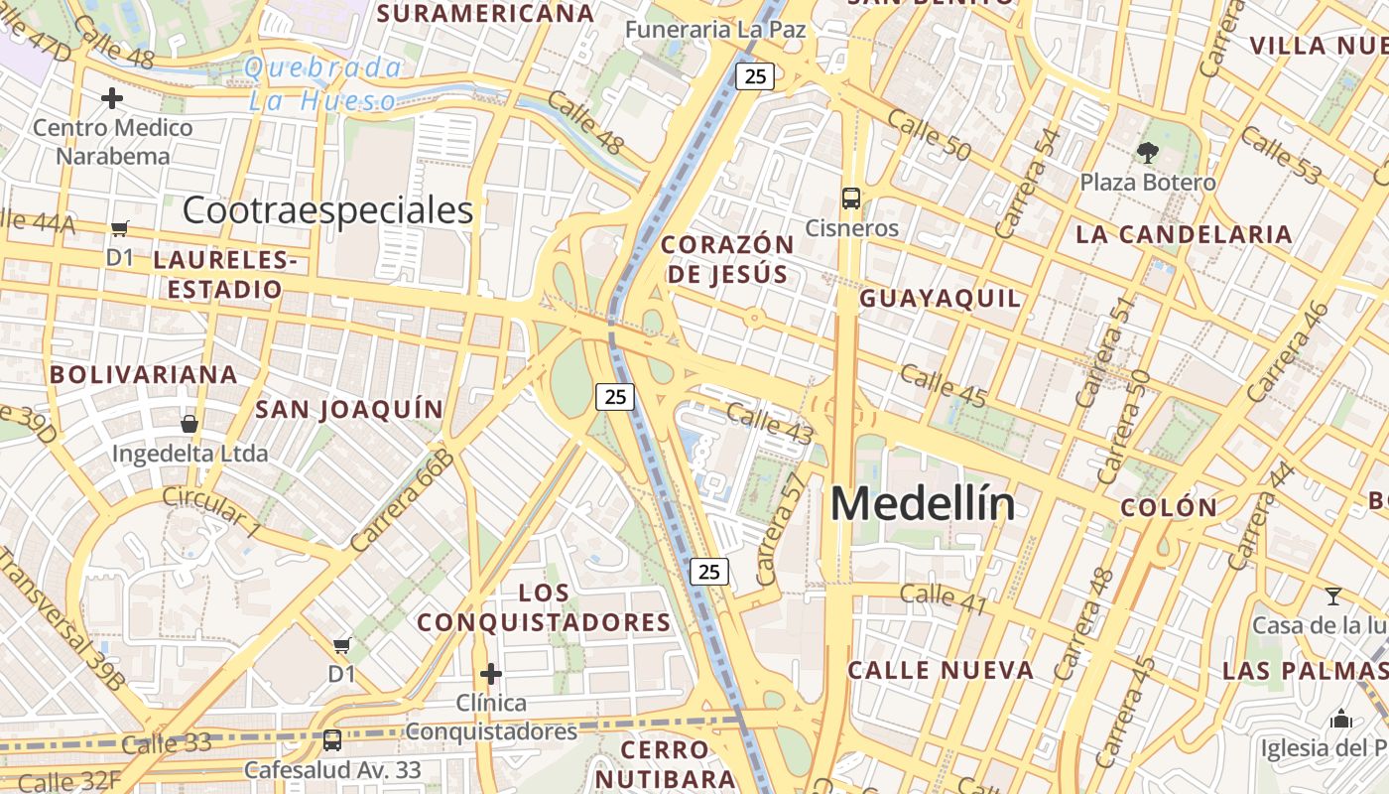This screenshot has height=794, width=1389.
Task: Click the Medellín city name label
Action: click(x=923, y=503)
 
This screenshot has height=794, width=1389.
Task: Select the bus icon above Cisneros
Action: click(x=851, y=198)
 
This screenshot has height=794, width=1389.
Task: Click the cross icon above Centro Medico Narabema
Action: click(x=112, y=98)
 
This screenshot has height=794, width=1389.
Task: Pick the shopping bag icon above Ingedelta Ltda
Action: click(x=189, y=424)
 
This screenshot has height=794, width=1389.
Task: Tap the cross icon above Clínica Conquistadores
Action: click(x=490, y=674)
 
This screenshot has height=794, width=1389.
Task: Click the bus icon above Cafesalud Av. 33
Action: click(x=332, y=740)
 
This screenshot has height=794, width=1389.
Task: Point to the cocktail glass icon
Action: click(x=1333, y=596)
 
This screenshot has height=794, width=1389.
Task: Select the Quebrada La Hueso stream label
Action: click(x=322, y=84)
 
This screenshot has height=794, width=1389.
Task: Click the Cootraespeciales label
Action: click(x=327, y=210)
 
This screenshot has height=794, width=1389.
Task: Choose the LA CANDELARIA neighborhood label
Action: click(x=1184, y=235)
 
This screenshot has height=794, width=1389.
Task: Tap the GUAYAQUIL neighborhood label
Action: click(x=940, y=299)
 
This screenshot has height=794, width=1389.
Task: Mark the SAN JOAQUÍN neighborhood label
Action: click(x=349, y=410)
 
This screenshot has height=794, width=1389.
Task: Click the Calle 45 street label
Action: click(x=944, y=386)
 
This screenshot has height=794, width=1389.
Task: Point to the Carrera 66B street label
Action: click(x=402, y=500)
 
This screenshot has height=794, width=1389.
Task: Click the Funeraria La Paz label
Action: click(x=714, y=30)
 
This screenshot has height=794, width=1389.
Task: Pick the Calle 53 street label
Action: click(x=1281, y=156)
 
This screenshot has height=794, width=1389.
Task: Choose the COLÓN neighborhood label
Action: click(x=1169, y=507)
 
